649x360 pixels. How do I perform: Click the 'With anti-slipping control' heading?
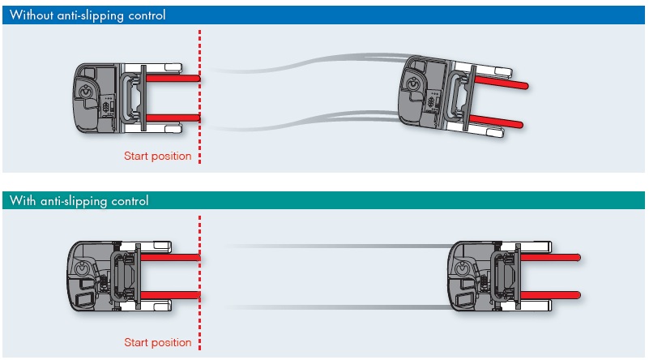pyautogui.click(x=79, y=200)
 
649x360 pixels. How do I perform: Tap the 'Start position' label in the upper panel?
pyautogui.click(x=157, y=156)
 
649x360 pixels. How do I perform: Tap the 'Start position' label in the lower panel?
pyautogui.click(x=157, y=342)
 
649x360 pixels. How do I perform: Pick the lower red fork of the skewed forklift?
pyautogui.click(x=495, y=122)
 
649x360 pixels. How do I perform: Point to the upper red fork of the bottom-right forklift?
pyautogui.click(x=551, y=257)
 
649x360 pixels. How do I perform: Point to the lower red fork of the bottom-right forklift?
pyautogui.click(x=551, y=294)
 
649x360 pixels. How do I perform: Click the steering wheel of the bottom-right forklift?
pyautogui.click(x=463, y=266)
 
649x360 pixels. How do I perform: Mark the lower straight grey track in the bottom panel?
pyautogui.click(x=340, y=306)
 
